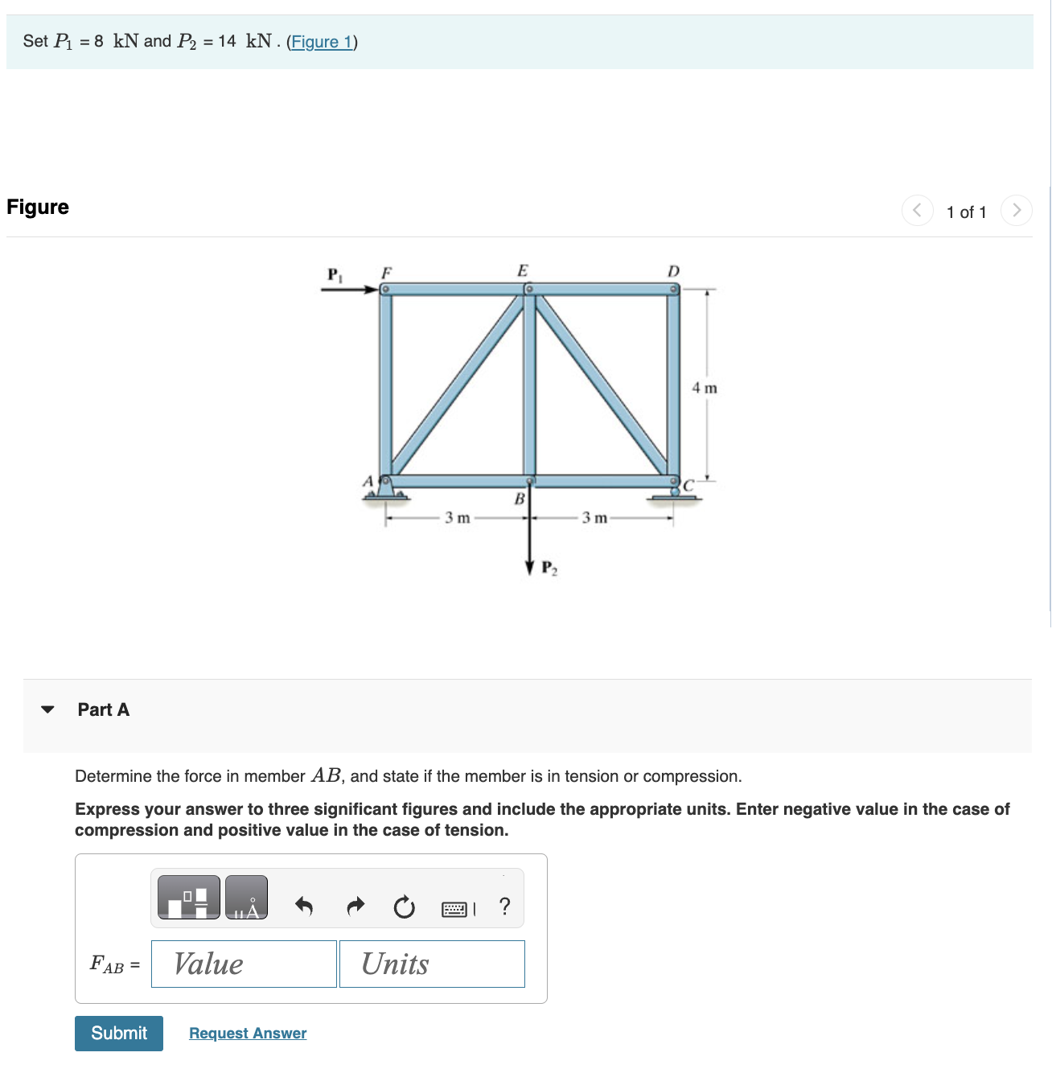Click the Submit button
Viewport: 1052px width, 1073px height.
(x=119, y=1033)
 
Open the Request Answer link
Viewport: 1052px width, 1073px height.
(x=248, y=1033)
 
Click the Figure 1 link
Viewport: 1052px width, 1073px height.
(x=322, y=42)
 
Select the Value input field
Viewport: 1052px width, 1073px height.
(x=244, y=964)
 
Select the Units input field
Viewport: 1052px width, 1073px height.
(x=432, y=964)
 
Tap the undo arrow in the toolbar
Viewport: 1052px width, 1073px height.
(x=303, y=906)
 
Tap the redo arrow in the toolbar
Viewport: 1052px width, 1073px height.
(x=355, y=906)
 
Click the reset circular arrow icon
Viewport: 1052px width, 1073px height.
(x=404, y=907)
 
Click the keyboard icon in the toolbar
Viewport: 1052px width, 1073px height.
(x=454, y=909)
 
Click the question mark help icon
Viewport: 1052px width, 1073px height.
(x=504, y=906)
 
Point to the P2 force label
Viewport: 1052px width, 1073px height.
(x=549, y=569)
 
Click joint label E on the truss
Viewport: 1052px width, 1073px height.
(x=523, y=270)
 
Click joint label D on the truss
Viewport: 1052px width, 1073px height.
(x=673, y=271)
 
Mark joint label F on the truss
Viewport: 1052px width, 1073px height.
(x=386, y=271)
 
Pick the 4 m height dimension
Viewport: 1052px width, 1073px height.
(x=705, y=388)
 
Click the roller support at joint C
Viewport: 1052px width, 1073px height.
(x=676, y=492)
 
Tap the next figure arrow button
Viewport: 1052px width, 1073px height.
(x=1017, y=211)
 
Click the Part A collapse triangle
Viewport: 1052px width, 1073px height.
(x=48, y=709)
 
